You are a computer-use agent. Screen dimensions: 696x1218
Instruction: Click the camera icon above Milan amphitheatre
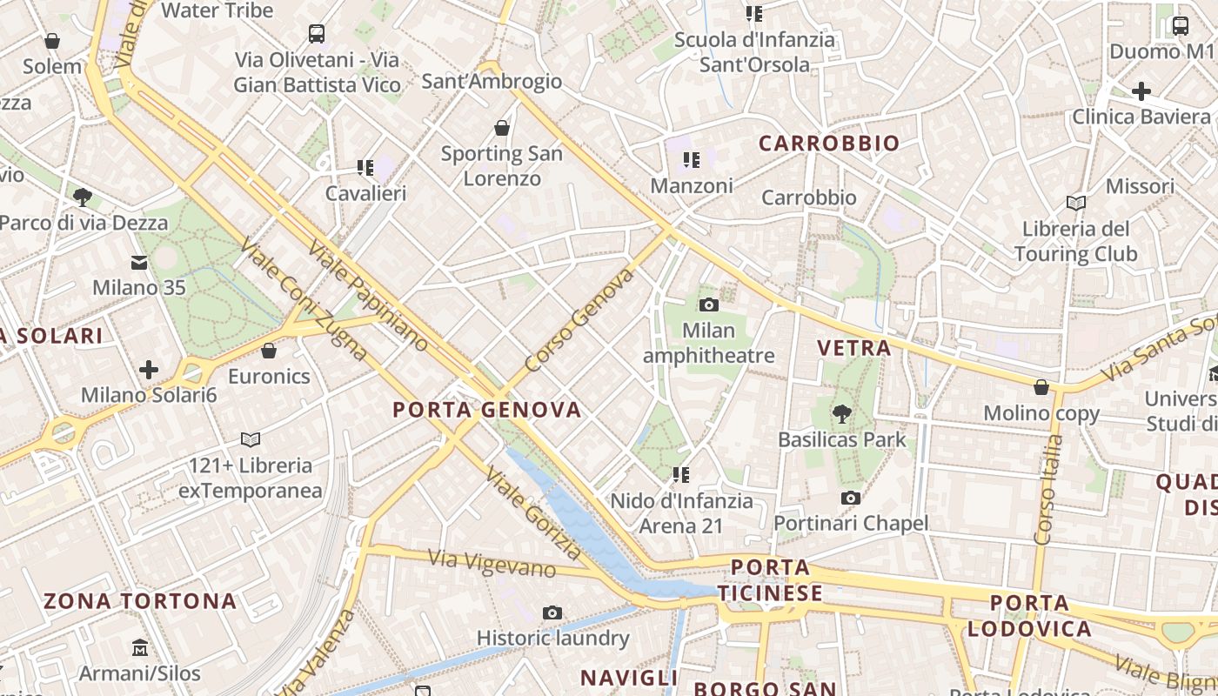pos(709,304)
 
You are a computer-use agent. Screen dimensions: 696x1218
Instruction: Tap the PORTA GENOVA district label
pos(486,410)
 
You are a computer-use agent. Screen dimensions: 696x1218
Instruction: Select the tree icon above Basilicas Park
pos(841,413)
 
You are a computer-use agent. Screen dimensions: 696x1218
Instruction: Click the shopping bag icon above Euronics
pos(269,350)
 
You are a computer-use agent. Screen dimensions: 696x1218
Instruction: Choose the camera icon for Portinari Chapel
pos(851,498)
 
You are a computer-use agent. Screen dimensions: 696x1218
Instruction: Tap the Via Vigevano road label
pos(492,563)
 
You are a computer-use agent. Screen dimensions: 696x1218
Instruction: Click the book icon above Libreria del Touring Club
pos(1076,203)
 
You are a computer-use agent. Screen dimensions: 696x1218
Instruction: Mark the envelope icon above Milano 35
pos(139,261)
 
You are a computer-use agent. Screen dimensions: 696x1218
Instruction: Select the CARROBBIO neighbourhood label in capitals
pos(829,144)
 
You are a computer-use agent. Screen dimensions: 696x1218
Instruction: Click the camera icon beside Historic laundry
pos(552,612)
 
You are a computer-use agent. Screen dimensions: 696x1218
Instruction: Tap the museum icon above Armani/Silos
pos(140,647)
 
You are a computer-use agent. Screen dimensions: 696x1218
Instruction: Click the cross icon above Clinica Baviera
pos(1141,90)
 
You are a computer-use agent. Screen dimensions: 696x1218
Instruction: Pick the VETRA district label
pos(854,349)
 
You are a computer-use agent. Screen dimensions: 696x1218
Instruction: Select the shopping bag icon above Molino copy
pos(1041,387)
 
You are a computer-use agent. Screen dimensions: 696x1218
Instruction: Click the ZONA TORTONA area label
pos(140,601)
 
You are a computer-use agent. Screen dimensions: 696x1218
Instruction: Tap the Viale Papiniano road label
pos(368,295)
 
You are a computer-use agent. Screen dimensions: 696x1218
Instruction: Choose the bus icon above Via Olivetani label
pos(317,34)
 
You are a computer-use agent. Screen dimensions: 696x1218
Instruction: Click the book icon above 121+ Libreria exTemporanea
pos(251,439)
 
